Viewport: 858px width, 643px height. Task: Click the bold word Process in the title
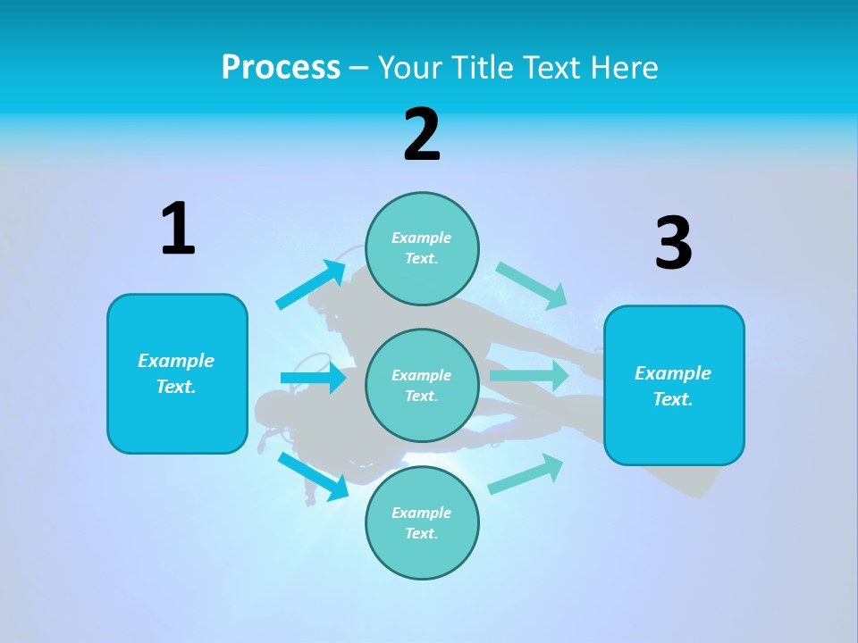tap(281, 67)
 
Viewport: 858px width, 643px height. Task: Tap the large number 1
tap(178, 229)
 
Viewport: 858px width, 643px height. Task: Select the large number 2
tap(422, 134)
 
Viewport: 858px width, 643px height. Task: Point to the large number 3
tap(673, 244)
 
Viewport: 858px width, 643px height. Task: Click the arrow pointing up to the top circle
tap(312, 285)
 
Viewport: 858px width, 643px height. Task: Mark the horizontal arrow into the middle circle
tap(313, 378)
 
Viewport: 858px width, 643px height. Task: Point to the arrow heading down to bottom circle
tap(314, 476)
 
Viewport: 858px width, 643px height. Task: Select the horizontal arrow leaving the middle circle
tap(529, 375)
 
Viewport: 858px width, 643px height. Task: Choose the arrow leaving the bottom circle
tap(526, 473)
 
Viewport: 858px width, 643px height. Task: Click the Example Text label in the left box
tap(176, 373)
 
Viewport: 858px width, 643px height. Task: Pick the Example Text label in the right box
tap(673, 386)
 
